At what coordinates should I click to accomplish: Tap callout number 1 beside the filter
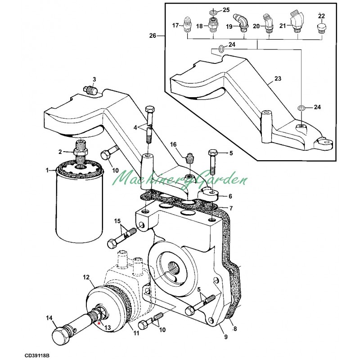click(x=47, y=170)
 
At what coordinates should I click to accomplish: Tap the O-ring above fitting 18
click(x=213, y=9)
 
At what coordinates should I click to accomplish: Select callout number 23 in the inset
click(x=278, y=78)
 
